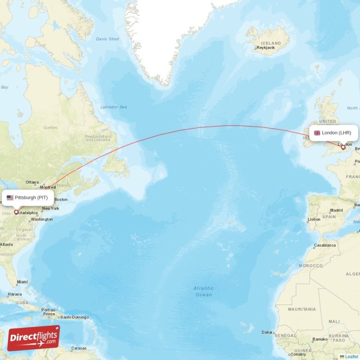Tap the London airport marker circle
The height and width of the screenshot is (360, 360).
tap(343, 148)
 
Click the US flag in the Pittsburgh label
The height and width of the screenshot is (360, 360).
tap(10, 198)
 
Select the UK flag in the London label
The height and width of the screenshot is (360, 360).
tap(317, 133)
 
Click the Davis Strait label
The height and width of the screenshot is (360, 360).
tap(108, 39)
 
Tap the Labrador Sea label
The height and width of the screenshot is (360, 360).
tap(113, 107)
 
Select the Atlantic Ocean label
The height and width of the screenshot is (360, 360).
tap(203, 291)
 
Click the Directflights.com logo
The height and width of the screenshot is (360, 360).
tap(33, 338)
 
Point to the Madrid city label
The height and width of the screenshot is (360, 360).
tap(336, 210)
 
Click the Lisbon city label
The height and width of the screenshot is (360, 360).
tap(314, 219)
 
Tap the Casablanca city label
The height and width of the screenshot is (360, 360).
tap(325, 245)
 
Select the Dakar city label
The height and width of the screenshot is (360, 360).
tap(267, 333)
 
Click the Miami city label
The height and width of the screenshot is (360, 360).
tap(22, 282)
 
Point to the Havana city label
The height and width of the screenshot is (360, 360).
tap(14, 294)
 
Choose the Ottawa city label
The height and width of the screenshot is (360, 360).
tap(32, 182)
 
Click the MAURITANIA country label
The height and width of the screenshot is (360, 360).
tap(301, 309)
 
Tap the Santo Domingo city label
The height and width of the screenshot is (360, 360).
tap(75, 317)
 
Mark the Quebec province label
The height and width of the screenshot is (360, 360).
tap(50, 127)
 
